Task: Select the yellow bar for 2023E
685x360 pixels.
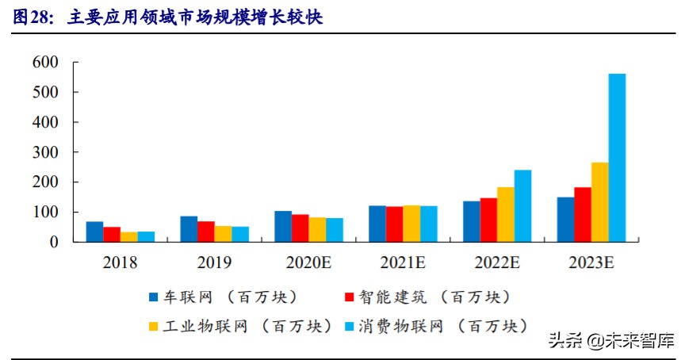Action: (599, 203)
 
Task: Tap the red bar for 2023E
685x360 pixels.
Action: (583, 215)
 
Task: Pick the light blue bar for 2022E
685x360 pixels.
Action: (522, 206)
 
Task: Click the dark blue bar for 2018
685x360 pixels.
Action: (94, 232)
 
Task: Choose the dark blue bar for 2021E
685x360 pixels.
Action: (377, 224)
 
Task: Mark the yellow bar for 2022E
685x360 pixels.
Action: (505, 215)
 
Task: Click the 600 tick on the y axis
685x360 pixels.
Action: (44, 62)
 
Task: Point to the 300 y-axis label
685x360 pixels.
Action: (44, 152)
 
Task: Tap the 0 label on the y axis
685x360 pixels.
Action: (54, 243)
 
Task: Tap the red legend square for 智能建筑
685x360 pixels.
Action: (349, 298)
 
